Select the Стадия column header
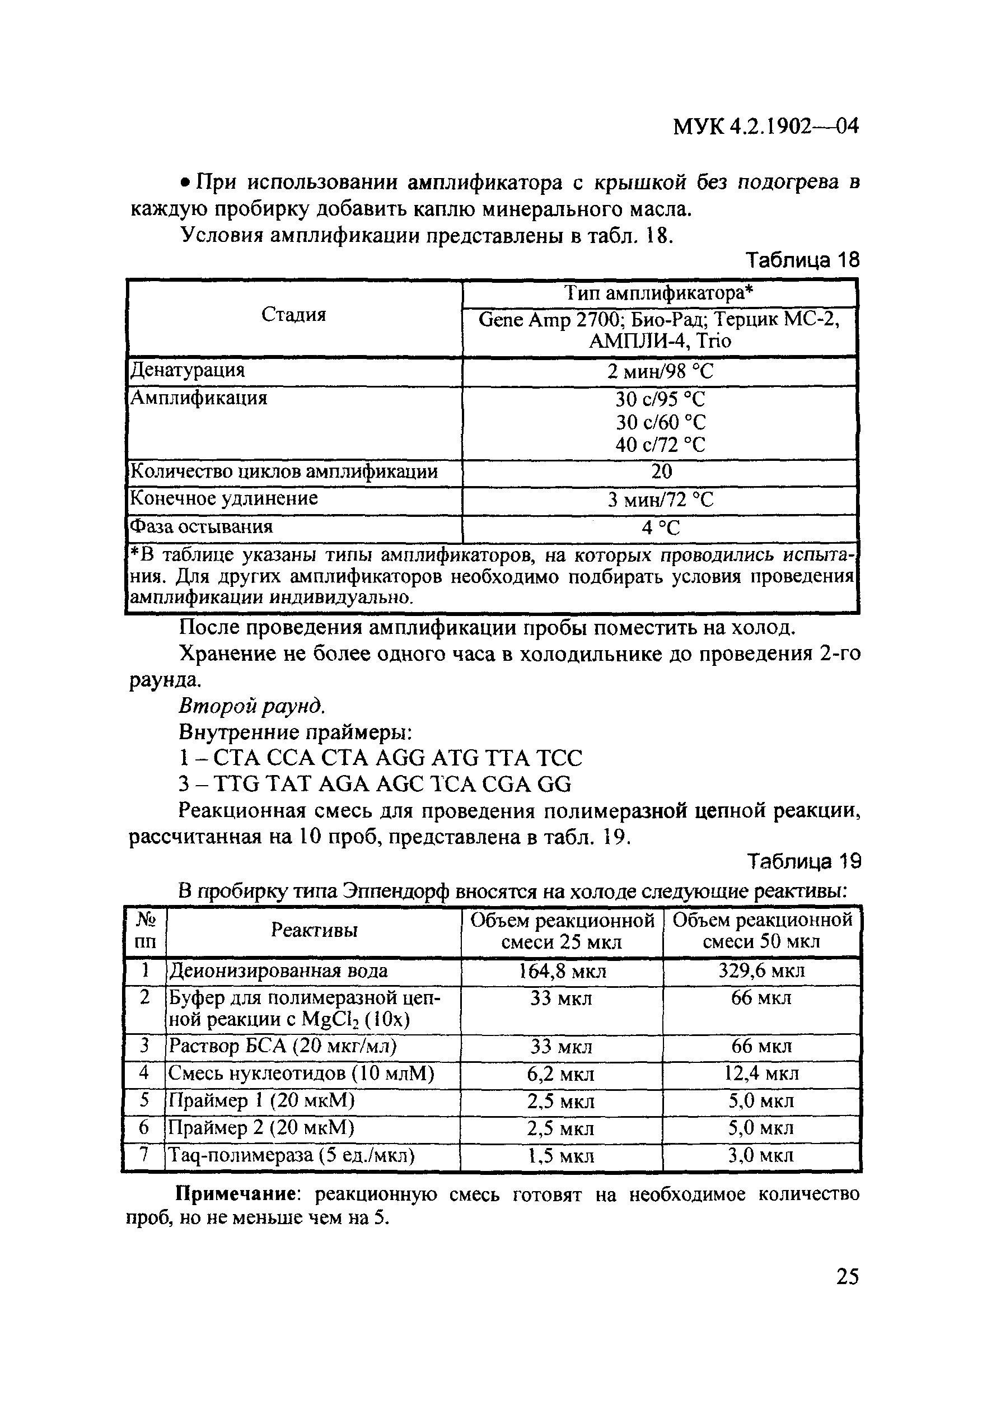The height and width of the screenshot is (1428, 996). coord(293,315)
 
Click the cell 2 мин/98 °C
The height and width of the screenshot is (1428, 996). coord(660,371)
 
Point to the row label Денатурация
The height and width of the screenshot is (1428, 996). coord(187,370)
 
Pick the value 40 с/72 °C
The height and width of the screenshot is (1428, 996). coord(660,445)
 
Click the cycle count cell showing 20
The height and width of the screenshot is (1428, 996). coord(661,472)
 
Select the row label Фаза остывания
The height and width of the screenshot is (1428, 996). coord(201,527)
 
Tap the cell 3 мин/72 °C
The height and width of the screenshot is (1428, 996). coord(660,500)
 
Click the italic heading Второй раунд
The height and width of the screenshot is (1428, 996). coord(252,706)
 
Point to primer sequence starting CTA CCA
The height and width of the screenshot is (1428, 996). coord(381,758)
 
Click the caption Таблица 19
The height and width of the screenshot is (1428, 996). coord(803,861)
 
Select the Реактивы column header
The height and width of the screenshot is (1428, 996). coord(314,930)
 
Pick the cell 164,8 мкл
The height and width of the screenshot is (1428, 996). coord(562,972)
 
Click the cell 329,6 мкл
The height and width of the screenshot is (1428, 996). coord(761,971)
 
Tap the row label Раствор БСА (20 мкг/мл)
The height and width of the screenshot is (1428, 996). coord(283,1046)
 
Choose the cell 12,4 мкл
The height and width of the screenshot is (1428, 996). coord(761,1074)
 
